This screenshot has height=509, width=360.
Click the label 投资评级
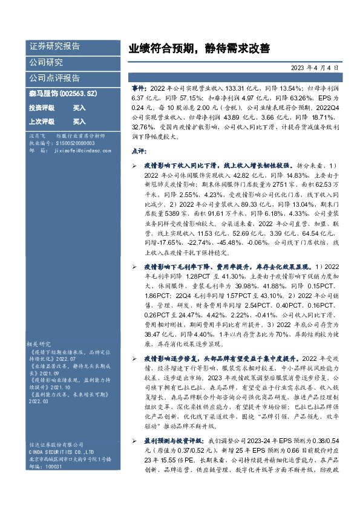(42, 108)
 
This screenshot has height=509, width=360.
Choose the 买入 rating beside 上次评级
(79, 121)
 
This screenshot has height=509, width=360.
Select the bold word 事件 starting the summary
(139, 88)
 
